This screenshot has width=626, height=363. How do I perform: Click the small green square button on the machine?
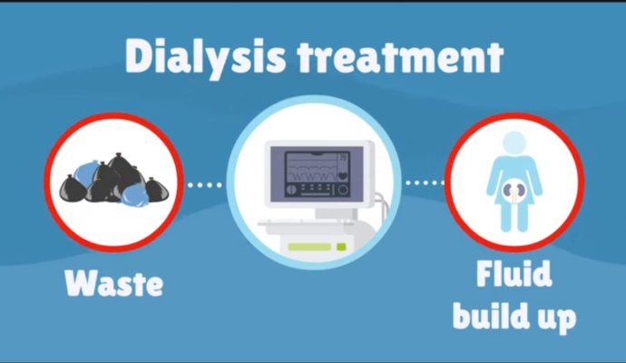pos(341,246)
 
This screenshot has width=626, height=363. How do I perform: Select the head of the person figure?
pos(514,142)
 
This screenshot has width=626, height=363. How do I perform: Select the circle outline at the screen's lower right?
pos(342,191)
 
